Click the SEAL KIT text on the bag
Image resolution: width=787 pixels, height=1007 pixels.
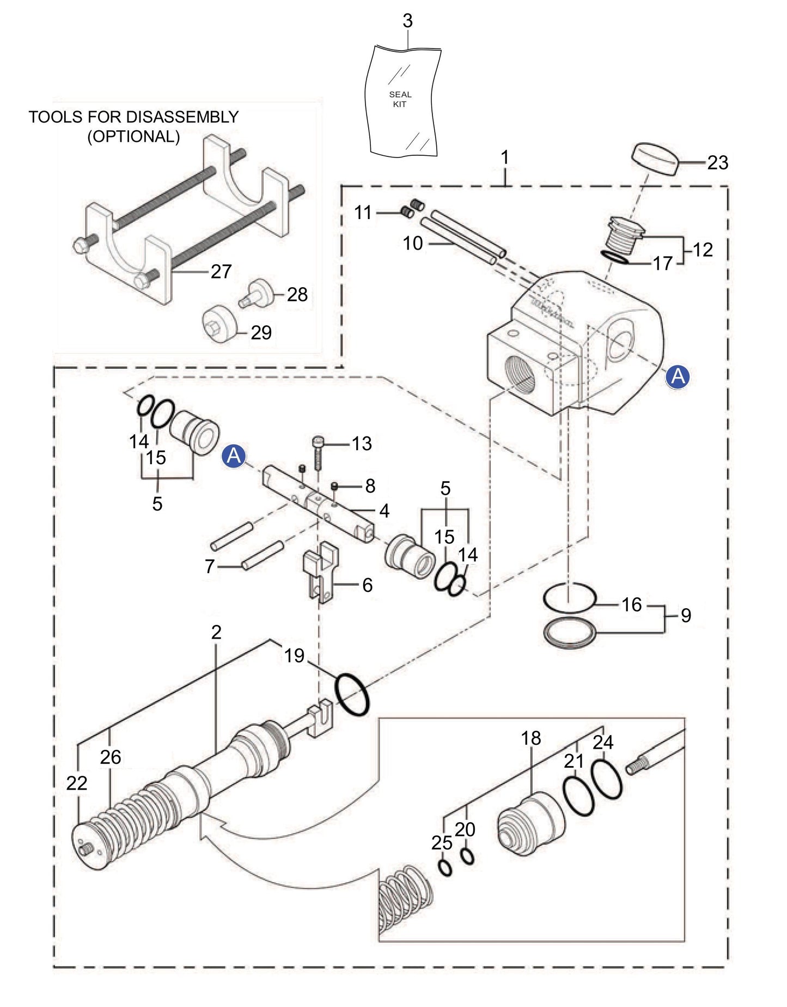point(400,99)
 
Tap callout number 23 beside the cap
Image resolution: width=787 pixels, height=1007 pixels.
point(717,162)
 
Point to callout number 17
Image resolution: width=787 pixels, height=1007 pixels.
point(662,264)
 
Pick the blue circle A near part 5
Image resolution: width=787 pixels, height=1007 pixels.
point(234,456)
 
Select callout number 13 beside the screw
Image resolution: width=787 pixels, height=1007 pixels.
point(361,444)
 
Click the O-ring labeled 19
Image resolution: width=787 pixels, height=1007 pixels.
point(353,695)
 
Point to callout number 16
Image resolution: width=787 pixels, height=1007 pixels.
point(632,604)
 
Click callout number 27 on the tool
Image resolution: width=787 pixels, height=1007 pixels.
point(221,271)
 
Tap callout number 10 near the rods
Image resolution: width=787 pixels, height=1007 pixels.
point(412,243)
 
